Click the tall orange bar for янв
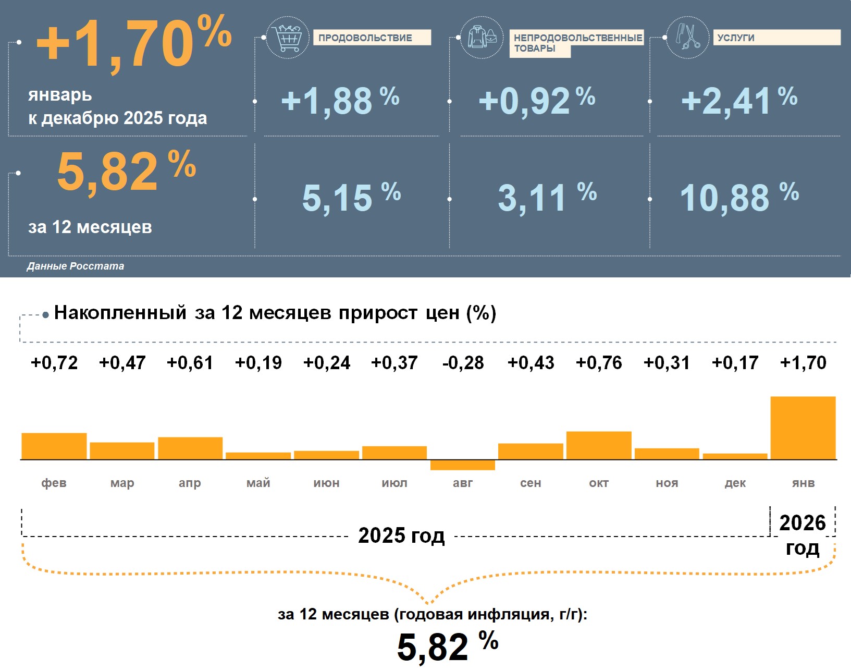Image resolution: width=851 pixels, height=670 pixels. tap(803, 428)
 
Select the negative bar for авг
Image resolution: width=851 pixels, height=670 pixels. tap(463, 465)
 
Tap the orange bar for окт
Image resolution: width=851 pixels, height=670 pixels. tap(599, 445)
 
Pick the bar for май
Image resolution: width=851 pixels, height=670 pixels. tap(258, 456)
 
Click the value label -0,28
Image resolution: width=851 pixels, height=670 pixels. tap(463, 362)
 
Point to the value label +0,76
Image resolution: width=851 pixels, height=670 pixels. tap(599, 362)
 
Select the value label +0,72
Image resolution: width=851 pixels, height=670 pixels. tap(54, 362)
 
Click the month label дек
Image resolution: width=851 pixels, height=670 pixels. tap(735, 483)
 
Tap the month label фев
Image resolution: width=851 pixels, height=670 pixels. tap(54, 483)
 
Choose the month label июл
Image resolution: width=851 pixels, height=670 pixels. tap(394, 483)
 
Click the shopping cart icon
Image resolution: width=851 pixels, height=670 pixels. tap(287, 38)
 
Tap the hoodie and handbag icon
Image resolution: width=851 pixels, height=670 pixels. tap(482, 38)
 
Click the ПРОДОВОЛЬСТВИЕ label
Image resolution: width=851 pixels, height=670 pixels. tap(372, 38)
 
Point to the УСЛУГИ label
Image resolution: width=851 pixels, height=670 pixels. tap(776, 38)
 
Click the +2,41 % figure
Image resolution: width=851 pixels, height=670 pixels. tap(739, 101)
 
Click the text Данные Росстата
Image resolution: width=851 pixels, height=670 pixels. tap(76, 266)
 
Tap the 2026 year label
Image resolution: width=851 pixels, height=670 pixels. tap(803, 523)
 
